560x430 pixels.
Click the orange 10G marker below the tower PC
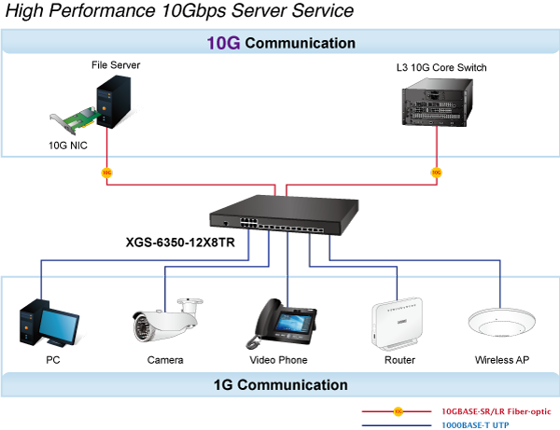point(106,172)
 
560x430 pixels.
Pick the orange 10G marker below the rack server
point(436,172)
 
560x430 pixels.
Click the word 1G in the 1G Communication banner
point(224,384)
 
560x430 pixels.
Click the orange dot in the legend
point(399,410)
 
